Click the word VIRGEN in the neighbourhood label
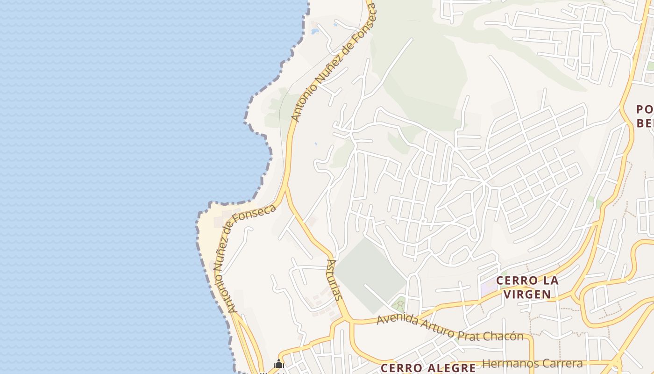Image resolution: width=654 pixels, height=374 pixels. (527, 294)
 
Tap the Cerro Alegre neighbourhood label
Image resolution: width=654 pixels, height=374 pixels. (428, 367)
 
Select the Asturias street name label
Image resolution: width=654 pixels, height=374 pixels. (334, 280)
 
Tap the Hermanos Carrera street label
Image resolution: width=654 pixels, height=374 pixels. (532, 363)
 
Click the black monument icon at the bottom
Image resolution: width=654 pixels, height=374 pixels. (279, 364)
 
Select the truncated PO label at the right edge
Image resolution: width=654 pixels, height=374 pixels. (644, 109)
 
